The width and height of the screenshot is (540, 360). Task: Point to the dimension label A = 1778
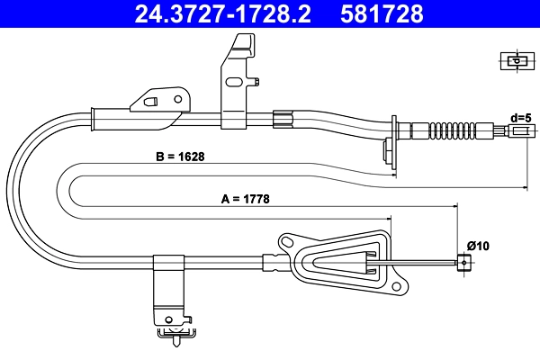pyautogui.click(x=246, y=199)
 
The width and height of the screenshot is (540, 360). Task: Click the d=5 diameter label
pyautogui.click(x=522, y=117)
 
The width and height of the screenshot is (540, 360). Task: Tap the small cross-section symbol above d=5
pyautogui.click(x=515, y=61)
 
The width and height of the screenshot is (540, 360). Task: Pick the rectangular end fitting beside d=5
pyautogui.click(x=519, y=132)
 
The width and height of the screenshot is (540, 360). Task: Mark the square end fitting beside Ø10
pyautogui.click(x=463, y=263)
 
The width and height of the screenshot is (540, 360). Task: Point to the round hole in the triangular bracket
pyautogui.click(x=287, y=243)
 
